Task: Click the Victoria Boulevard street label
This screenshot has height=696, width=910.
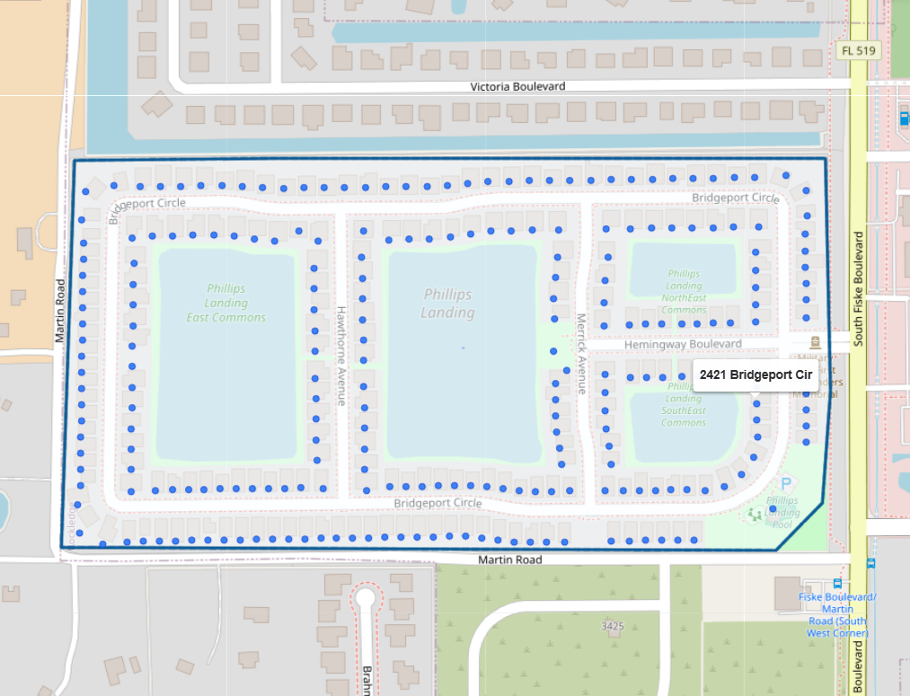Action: [518, 86]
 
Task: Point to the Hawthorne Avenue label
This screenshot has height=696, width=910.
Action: [341, 356]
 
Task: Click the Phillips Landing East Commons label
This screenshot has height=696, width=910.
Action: [225, 303]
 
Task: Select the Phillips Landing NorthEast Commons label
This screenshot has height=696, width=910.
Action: [684, 292]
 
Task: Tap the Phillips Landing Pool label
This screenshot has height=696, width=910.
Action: [782, 512]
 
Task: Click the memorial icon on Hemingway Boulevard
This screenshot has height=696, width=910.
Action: [815, 342]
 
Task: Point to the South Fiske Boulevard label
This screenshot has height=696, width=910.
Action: [859, 288]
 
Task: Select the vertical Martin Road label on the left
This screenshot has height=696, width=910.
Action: [60, 311]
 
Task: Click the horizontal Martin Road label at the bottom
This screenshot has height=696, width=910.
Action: [509, 559]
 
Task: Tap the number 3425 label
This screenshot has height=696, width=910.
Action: [613, 625]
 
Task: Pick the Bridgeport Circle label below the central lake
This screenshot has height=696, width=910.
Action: [437, 503]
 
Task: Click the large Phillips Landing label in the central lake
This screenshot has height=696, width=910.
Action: [447, 304]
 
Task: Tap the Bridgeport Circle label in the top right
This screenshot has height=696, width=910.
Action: [735, 198]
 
